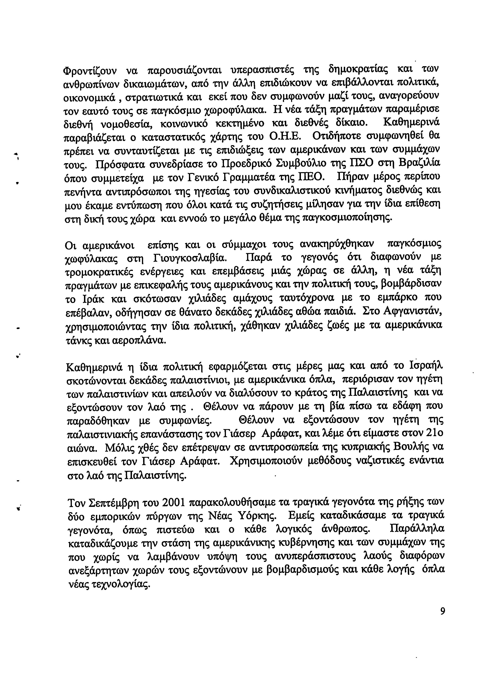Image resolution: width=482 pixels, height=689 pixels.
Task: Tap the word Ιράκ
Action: click(x=93, y=299)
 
